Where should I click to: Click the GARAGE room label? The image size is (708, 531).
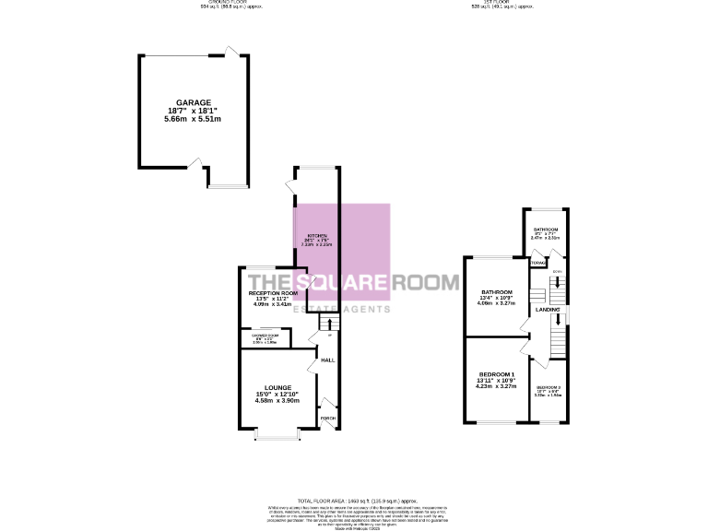click(x=194, y=102)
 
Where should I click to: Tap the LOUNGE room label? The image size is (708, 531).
click(x=277, y=387)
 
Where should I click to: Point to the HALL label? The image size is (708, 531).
click(x=326, y=360)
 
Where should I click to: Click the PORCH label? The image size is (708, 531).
click(x=327, y=418)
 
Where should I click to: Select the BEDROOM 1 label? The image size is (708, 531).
click(x=496, y=373)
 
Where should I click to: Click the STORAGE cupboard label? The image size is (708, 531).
click(x=538, y=263)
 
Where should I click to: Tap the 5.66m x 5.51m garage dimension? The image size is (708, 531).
click(x=194, y=120)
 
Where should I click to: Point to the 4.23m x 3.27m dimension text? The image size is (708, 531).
click(x=496, y=388)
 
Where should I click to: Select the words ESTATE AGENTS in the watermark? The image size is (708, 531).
click(x=340, y=309)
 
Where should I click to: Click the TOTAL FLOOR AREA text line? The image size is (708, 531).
click(x=354, y=499)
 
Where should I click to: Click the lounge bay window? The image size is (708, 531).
click(x=277, y=433)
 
